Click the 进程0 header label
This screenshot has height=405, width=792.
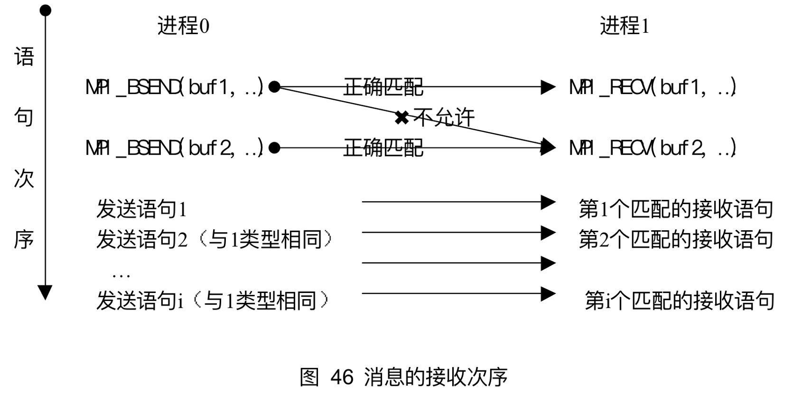[x=183, y=26]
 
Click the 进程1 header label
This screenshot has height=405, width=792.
[x=624, y=26]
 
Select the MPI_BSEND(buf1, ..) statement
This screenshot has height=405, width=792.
[x=174, y=87]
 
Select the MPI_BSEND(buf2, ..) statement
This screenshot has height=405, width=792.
[x=174, y=148]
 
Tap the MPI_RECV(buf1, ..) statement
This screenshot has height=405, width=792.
[x=652, y=87]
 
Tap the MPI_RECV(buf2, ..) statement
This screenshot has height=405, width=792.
[x=652, y=148]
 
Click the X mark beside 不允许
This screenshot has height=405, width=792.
[x=401, y=117]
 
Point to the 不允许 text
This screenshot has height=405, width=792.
[x=444, y=117]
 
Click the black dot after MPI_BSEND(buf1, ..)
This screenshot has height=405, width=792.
[x=274, y=87]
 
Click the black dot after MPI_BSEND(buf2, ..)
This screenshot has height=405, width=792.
[x=274, y=148]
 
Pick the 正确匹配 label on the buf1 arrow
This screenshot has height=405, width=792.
[x=383, y=87]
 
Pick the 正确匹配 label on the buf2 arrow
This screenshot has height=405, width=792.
[x=383, y=148]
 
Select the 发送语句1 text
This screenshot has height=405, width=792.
[x=141, y=209]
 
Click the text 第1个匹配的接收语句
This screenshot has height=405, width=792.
[x=676, y=209]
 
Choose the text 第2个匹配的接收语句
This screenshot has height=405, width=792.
[x=676, y=240]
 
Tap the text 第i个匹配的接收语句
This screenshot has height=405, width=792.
[x=679, y=301]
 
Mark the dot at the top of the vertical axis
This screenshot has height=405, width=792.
[x=45, y=10]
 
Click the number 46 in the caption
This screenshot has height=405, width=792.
[x=342, y=377]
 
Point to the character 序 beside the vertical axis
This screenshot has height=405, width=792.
[x=24, y=240]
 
